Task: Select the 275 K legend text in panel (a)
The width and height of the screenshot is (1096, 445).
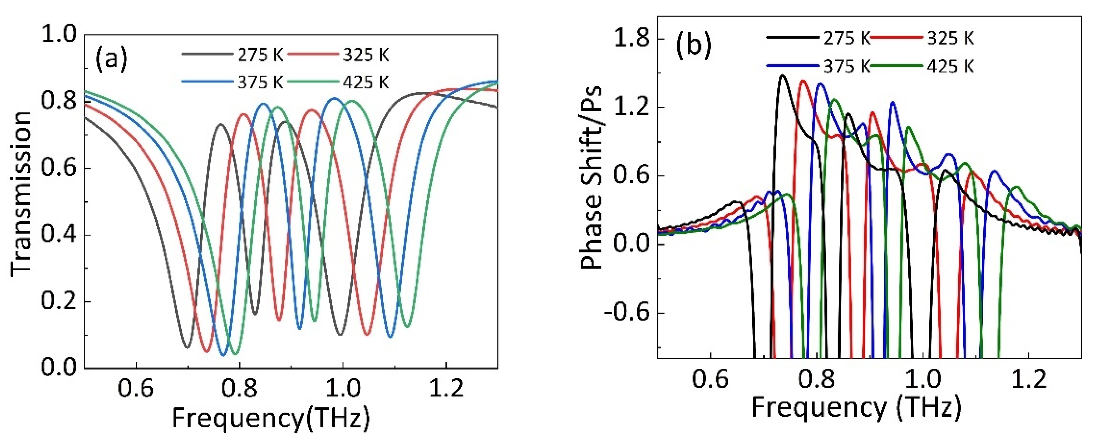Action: pyautogui.click(x=260, y=55)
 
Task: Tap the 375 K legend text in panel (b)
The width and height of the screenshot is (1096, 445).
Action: pyautogui.click(x=846, y=66)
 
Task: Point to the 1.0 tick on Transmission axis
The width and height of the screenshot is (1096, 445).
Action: pyautogui.click(x=59, y=34)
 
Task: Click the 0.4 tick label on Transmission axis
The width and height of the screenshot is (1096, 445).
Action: pyautogui.click(x=59, y=235)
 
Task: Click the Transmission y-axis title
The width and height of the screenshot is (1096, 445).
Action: pyautogui.click(x=21, y=194)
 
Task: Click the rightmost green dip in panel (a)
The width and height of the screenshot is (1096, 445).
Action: pyautogui.click(x=408, y=327)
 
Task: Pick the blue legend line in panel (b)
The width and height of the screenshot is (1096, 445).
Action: pyautogui.click(x=792, y=66)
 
